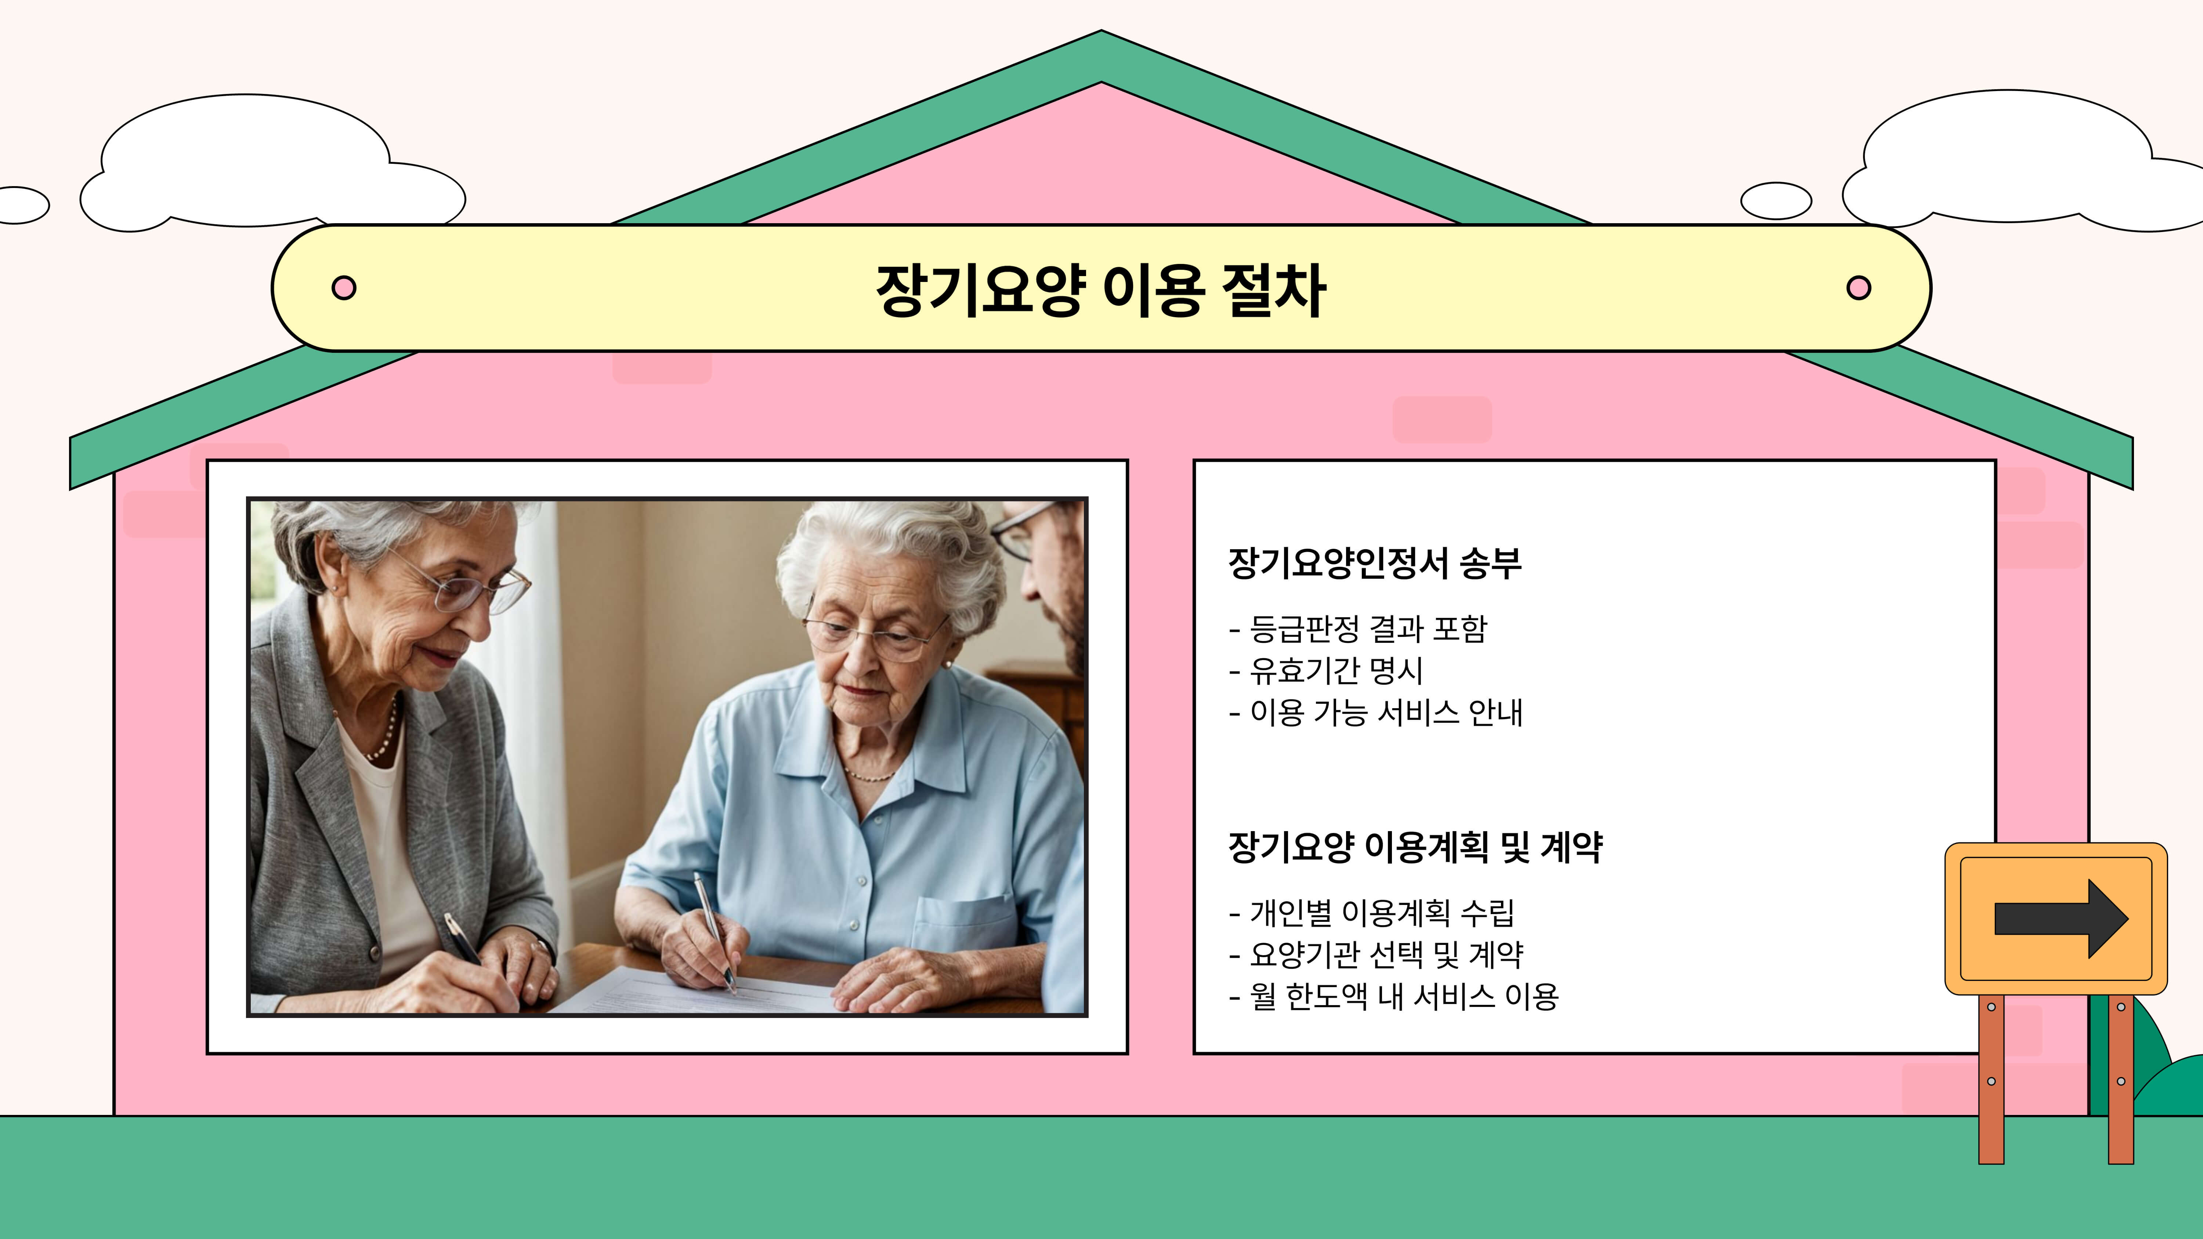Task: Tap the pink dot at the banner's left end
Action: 344,287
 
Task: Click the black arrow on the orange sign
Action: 2061,919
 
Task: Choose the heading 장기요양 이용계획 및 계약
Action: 1415,847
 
